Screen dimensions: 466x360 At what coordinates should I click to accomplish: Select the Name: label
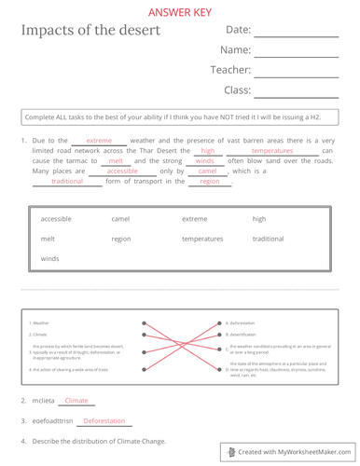236,50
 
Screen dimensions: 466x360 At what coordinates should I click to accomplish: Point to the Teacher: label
228,70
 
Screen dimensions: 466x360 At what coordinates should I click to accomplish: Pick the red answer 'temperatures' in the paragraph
271,150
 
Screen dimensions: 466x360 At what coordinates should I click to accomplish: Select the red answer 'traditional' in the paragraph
67,182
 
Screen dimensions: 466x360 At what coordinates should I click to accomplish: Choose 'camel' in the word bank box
120,218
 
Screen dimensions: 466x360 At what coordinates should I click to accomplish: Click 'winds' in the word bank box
50,258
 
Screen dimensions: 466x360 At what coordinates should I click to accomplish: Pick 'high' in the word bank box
259,218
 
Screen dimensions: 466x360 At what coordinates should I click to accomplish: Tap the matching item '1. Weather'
39,322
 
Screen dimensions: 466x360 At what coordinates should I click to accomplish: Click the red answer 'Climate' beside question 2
76,401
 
